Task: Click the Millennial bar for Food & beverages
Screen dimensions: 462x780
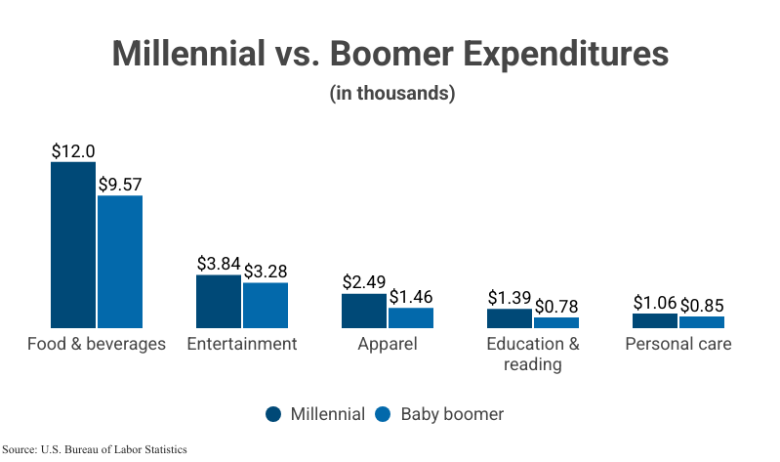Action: [x=73, y=244]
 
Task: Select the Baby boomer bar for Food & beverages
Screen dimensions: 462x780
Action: [x=120, y=261]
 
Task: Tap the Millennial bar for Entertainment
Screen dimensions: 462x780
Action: [x=219, y=301]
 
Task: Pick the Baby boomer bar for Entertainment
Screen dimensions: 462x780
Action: [x=266, y=305]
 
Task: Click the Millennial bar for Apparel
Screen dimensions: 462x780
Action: [x=364, y=310]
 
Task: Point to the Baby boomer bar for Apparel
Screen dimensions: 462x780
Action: [x=411, y=317]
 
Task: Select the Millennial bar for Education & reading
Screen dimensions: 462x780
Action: [x=510, y=317]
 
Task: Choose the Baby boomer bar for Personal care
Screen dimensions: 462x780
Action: [x=702, y=321]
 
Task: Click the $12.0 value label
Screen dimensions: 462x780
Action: [x=73, y=151]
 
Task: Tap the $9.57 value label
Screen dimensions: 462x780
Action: [x=120, y=185]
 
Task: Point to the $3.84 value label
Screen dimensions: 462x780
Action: [x=219, y=264]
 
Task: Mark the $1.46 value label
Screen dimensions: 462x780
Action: [x=411, y=296]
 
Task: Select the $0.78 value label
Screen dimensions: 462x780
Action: [x=556, y=306]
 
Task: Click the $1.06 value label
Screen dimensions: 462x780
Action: [x=655, y=302]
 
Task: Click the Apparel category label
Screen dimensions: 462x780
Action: [x=388, y=344]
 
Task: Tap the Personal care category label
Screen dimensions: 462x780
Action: [x=678, y=344]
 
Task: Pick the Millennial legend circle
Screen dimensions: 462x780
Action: [x=274, y=414]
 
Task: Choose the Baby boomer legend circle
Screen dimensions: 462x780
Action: [x=383, y=414]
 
